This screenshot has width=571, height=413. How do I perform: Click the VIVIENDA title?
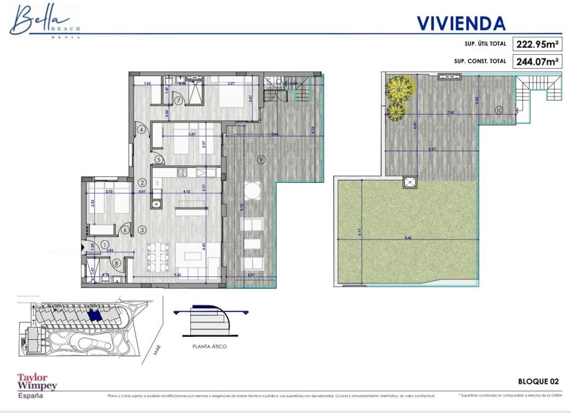tap(461, 23)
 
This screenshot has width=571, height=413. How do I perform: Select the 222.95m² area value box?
tap(537, 44)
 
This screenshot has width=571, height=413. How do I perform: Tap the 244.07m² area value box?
tap(537, 61)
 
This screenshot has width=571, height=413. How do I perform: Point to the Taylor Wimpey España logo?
tap(37, 385)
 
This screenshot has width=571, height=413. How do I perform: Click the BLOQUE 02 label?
tap(538, 381)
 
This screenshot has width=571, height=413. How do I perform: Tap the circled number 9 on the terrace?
tap(261, 159)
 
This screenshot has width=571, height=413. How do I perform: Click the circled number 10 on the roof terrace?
tap(499, 110)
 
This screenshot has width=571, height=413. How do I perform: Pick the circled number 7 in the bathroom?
tap(178, 101)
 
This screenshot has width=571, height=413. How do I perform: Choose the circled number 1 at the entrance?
tap(104, 244)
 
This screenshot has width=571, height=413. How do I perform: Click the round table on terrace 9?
tap(252, 191)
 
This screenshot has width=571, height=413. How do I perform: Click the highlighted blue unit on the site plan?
tap(95, 315)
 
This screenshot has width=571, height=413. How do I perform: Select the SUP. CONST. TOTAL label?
tap(480, 61)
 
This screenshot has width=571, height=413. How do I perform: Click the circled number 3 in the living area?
tap(142, 229)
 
